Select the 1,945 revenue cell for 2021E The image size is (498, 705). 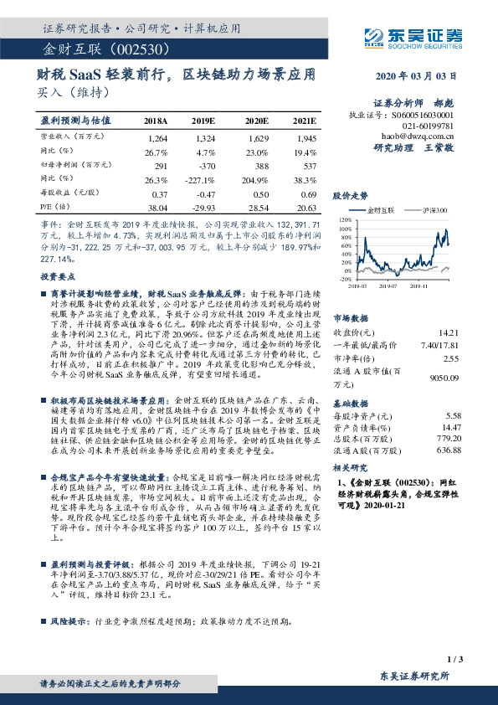point(305,136)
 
